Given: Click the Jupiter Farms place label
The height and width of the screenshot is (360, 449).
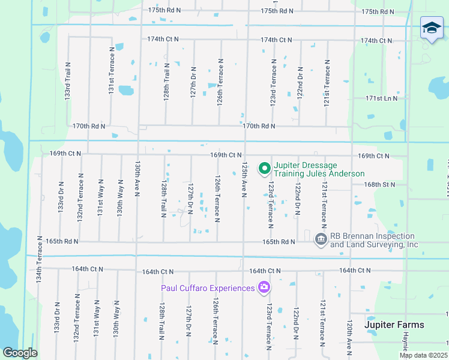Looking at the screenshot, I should point(394,325).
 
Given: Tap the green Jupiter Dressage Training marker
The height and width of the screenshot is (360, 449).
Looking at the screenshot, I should point(264,169).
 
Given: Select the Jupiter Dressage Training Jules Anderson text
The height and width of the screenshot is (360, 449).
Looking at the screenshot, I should point(319,169).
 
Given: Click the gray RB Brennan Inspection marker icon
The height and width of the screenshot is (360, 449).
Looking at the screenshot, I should point(321,240).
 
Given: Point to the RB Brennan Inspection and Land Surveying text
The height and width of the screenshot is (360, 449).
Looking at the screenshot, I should point(374,240).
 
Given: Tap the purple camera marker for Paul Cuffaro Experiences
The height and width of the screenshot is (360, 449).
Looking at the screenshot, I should point(264,288).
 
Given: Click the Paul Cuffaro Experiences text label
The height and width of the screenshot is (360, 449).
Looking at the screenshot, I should point(208,288).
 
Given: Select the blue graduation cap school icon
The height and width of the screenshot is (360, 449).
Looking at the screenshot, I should point(431,28).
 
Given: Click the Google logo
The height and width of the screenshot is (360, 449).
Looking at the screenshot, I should point(20,352).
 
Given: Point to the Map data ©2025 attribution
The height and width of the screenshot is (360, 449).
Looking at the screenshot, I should point(423,355).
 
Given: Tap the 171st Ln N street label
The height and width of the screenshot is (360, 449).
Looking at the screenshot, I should point(382,98).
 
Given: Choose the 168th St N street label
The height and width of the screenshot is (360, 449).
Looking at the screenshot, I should point(380,184).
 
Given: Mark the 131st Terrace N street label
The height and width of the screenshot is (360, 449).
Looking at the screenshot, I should point(111,71).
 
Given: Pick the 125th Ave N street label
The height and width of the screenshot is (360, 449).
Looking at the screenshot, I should point(244,178).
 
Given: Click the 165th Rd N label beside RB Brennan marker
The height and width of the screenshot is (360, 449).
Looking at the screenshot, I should point(279,242).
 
